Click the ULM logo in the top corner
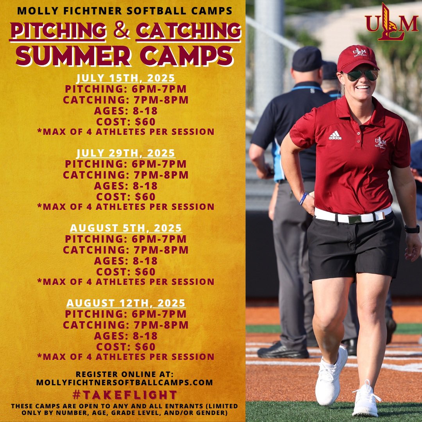point(392,22)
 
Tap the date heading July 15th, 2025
point(125,78)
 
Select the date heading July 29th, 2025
point(125,153)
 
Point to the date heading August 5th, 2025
point(125,228)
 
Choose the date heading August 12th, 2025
point(125,303)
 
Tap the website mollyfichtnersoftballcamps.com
point(125,383)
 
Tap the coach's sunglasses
point(361,75)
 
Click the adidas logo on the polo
point(335,136)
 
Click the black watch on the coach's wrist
point(412,229)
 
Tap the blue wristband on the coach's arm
point(303,198)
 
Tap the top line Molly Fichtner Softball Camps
point(125,11)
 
